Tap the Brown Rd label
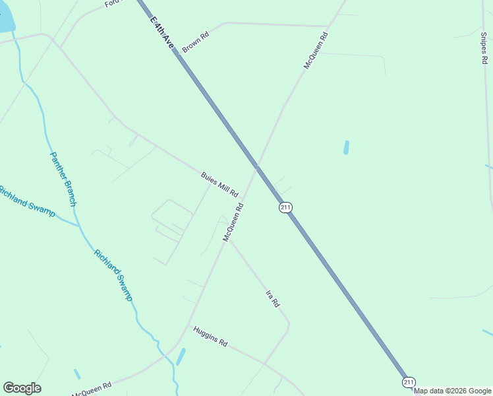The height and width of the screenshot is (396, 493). [195, 42]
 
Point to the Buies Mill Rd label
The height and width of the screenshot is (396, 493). [219, 184]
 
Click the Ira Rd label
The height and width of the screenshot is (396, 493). [273, 299]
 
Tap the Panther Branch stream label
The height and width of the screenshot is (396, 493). [63, 179]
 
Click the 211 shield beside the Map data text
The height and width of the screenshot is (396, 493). [409, 382]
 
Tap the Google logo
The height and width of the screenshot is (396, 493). [22, 388]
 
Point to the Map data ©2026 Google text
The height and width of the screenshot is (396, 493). [453, 391]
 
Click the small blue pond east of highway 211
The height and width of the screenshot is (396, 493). [346, 147]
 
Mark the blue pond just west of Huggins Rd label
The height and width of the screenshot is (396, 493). [181, 356]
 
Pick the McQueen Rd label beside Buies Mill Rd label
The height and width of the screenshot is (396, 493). [233, 222]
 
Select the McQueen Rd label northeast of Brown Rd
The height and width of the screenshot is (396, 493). [315, 50]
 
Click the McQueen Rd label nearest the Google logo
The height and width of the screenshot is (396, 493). [92, 389]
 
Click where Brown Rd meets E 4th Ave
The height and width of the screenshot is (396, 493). [177, 52]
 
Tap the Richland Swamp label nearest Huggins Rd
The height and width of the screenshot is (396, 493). [113, 275]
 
